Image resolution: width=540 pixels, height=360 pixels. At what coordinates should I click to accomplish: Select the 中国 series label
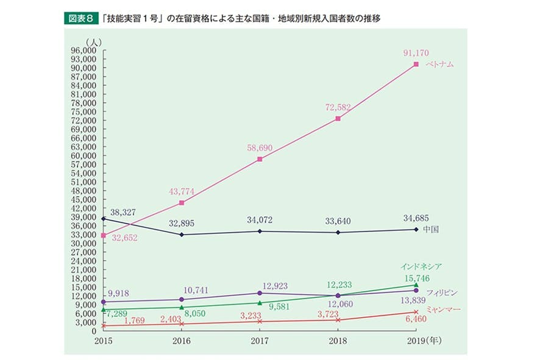click(x=431, y=230)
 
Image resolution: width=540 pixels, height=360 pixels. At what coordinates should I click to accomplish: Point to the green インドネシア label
click(x=421, y=266)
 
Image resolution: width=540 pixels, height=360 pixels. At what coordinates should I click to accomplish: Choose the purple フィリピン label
click(x=441, y=292)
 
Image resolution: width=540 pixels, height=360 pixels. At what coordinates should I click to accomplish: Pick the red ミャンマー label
click(x=443, y=310)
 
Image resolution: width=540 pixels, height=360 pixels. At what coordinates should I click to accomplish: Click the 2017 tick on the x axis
click(x=260, y=341)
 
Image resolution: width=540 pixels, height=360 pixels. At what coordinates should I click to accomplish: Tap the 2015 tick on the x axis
click(x=104, y=341)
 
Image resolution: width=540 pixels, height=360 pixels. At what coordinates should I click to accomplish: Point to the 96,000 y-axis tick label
click(x=85, y=51)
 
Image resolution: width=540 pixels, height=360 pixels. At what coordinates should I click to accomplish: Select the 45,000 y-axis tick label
click(x=85, y=199)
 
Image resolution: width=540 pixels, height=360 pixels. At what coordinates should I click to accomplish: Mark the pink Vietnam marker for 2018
click(x=338, y=119)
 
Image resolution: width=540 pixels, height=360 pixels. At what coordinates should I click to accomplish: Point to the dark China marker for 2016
click(x=182, y=235)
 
